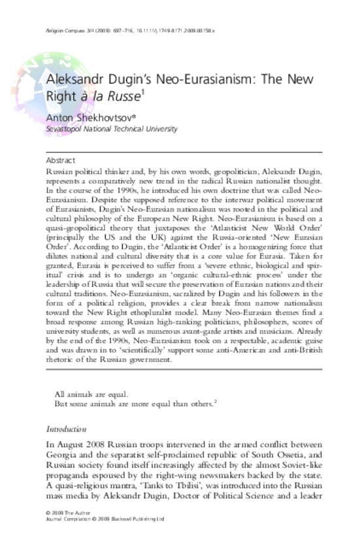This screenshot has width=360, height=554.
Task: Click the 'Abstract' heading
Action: click(x=61, y=160)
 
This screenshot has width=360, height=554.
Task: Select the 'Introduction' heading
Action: click(x=67, y=429)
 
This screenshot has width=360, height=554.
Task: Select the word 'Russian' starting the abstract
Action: click(x=60, y=169)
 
